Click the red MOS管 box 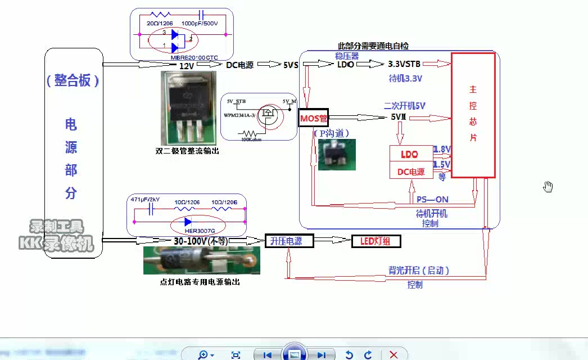pos(314,118)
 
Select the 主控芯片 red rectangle pos(473,115)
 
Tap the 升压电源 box pos(286,241)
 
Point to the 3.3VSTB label pos(404,64)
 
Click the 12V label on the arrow pos(186,66)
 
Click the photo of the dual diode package pos(188,108)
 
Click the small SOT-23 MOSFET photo pos(336,155)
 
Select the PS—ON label pos(432,200)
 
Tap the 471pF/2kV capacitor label pos(145,200)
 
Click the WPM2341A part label pos(239,115)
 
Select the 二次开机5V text pos(404,106)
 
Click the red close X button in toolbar pos(393,354)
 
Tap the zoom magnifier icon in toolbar pos(203,354)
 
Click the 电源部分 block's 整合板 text pos(73,80)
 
